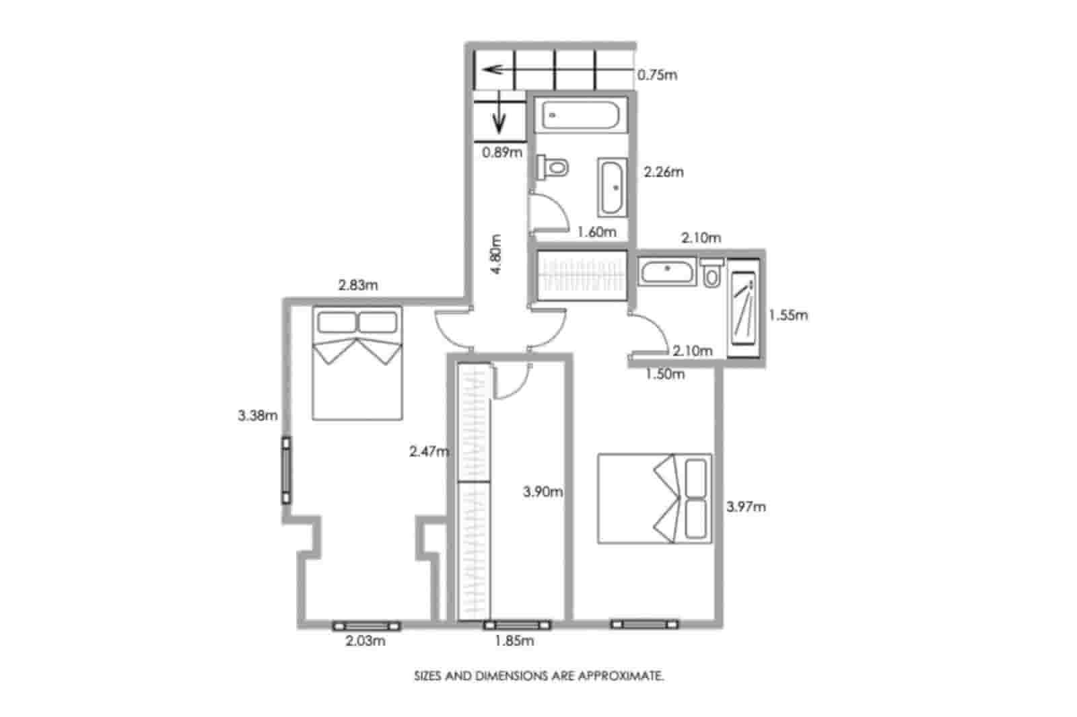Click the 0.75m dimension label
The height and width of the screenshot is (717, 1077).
coord(657,75)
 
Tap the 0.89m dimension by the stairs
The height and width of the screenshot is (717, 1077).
coord(501,152)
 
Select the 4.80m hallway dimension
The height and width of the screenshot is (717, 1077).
coord(496,254)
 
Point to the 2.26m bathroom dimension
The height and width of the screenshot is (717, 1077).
coord(663,172)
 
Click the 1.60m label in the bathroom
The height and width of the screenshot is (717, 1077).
coord(596,232)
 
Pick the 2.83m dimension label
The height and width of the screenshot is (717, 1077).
coord(357,285)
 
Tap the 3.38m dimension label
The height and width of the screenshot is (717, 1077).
coord(257,415)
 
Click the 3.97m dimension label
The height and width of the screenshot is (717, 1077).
coord(746,506)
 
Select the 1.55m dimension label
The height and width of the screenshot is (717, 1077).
coord(788,314)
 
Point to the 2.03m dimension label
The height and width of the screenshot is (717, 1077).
coord(366,641)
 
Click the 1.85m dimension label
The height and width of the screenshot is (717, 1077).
coord(514,641)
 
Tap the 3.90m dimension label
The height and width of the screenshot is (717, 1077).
coord(543,492)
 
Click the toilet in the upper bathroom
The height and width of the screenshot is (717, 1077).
coord(553,166)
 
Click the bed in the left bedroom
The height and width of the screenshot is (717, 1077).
coord(357,363)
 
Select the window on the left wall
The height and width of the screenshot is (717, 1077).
coord(287,471)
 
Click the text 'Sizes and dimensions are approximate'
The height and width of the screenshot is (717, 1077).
coord(538,676)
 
